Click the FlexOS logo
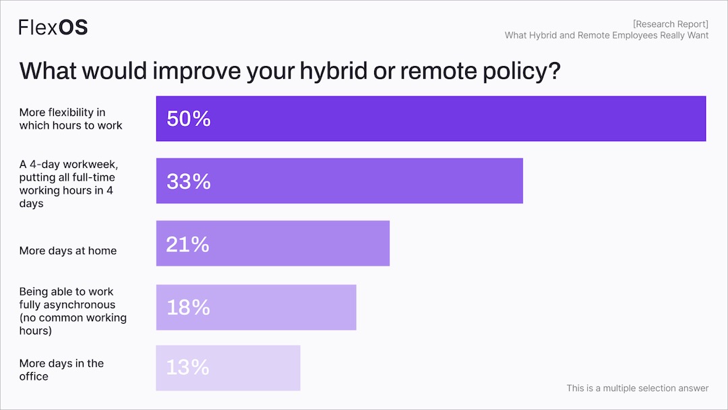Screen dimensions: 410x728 click(53, 27)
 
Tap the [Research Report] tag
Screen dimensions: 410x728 click(670, 24)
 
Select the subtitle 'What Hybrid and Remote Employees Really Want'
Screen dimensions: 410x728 click(606, 35)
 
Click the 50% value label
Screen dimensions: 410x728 click(189, 119)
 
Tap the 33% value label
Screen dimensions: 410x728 click(189, 181)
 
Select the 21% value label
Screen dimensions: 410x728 click(187, 244)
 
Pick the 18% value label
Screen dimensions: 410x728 click(188, 307)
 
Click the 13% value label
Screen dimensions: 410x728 click(187, 368)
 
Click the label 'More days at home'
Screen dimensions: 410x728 click(68, 251)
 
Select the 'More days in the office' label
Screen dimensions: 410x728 click(61, 370)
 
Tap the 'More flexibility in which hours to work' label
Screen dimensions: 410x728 click(71, 119)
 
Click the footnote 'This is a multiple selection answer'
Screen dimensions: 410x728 click(637, 388)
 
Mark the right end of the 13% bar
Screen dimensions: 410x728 click(299, 368)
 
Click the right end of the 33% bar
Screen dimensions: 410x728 click(521, 181)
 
